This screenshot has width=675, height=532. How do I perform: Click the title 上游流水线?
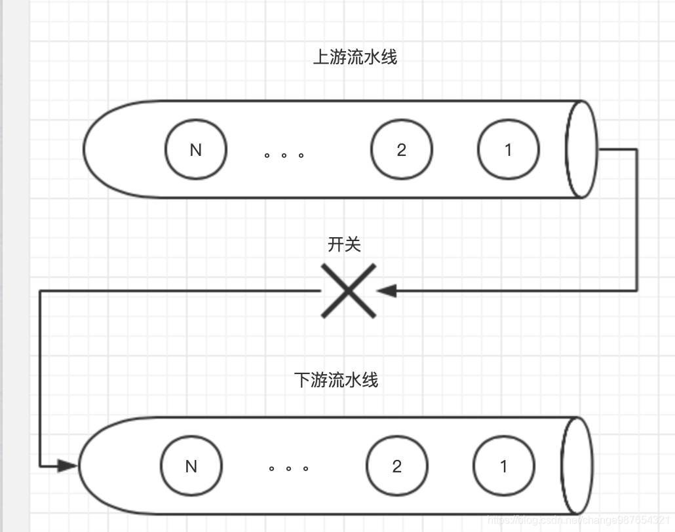[x=355, y=57]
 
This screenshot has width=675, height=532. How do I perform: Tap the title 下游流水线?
[x=336, y=380]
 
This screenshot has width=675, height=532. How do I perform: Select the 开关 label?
[x=344, y=244]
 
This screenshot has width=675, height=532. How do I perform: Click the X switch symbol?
[x=349, y=291]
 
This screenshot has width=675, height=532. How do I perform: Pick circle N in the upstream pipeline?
[x=195, y=149]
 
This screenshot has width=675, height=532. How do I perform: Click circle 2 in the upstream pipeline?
[x=401, y=149]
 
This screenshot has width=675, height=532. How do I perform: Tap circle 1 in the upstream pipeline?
[x=508, y=149]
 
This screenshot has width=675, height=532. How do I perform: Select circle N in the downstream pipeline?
[x=191, y=466]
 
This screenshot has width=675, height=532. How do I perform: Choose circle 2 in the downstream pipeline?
[x=396, y=466]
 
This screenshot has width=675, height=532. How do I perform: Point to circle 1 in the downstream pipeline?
[x=503, y=466]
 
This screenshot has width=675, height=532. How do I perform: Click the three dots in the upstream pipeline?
[x=284, y=155]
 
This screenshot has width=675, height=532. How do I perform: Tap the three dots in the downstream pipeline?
[x=288, y=468]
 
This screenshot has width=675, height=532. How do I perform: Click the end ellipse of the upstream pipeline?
[x=581, y=149]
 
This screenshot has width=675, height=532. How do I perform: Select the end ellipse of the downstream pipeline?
[x=577, y=465]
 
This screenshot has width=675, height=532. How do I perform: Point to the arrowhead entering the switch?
[x=387, y=290]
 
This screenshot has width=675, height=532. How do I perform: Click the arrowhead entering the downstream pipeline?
[x=67, y=466]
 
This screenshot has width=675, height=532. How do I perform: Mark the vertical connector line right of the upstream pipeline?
[x=636, y=219]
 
